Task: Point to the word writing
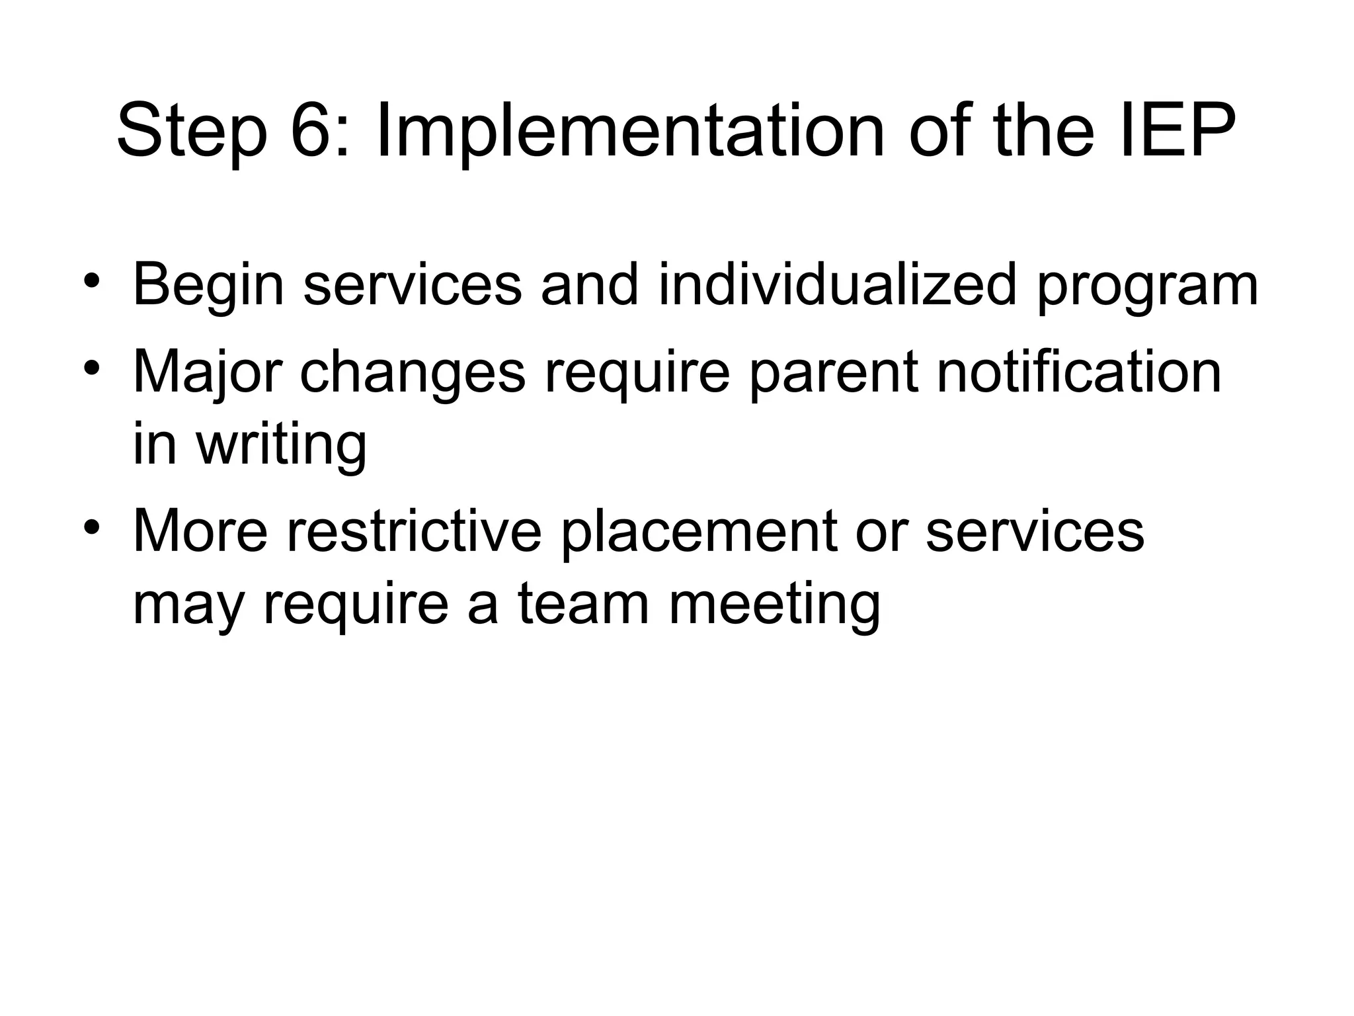281,445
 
